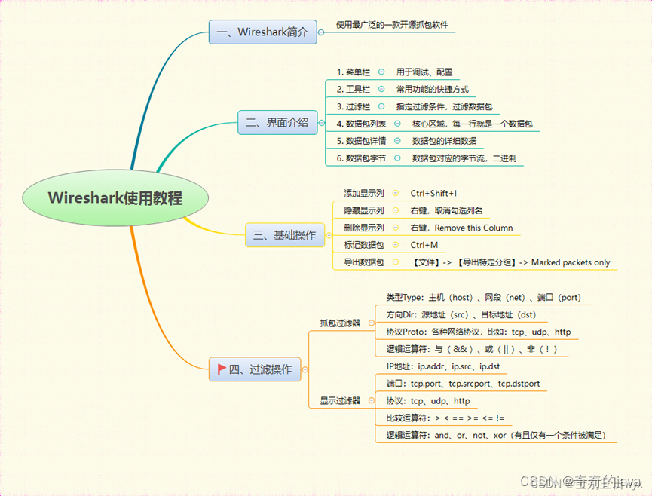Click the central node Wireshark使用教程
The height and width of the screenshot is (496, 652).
(x=115, y=197)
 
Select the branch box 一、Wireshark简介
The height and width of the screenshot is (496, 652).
(x=262, y=32)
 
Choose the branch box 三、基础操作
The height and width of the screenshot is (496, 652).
(x=284, y=235)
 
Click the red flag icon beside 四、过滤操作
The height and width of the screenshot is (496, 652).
(x=222, y=369)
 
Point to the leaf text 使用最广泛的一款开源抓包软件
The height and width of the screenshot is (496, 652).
(x=391, y=25)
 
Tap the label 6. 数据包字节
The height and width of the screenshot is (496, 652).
(x=361, y=158)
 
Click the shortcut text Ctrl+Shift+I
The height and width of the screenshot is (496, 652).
(x=433, y=193)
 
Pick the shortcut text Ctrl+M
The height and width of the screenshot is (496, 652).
(x=424, y=245)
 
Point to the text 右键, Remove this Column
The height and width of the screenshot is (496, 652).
(x=461, y=228)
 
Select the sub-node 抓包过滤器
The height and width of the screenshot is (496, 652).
(x=340, y=323)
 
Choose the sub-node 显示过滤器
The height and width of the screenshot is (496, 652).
(x=340, y=400)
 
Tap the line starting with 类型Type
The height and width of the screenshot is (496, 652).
(x=483, y=297)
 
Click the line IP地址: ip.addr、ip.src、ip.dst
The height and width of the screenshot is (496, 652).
(x=443, y=366)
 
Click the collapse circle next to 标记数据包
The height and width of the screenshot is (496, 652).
(x=396, y=245)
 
